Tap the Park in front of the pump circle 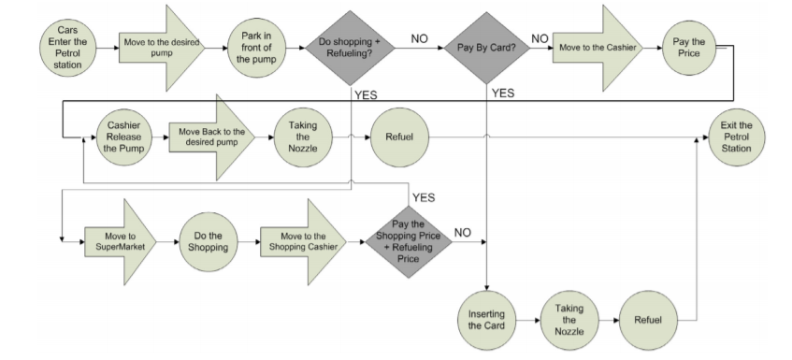255,45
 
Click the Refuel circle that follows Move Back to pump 400,136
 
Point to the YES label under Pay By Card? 503,93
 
